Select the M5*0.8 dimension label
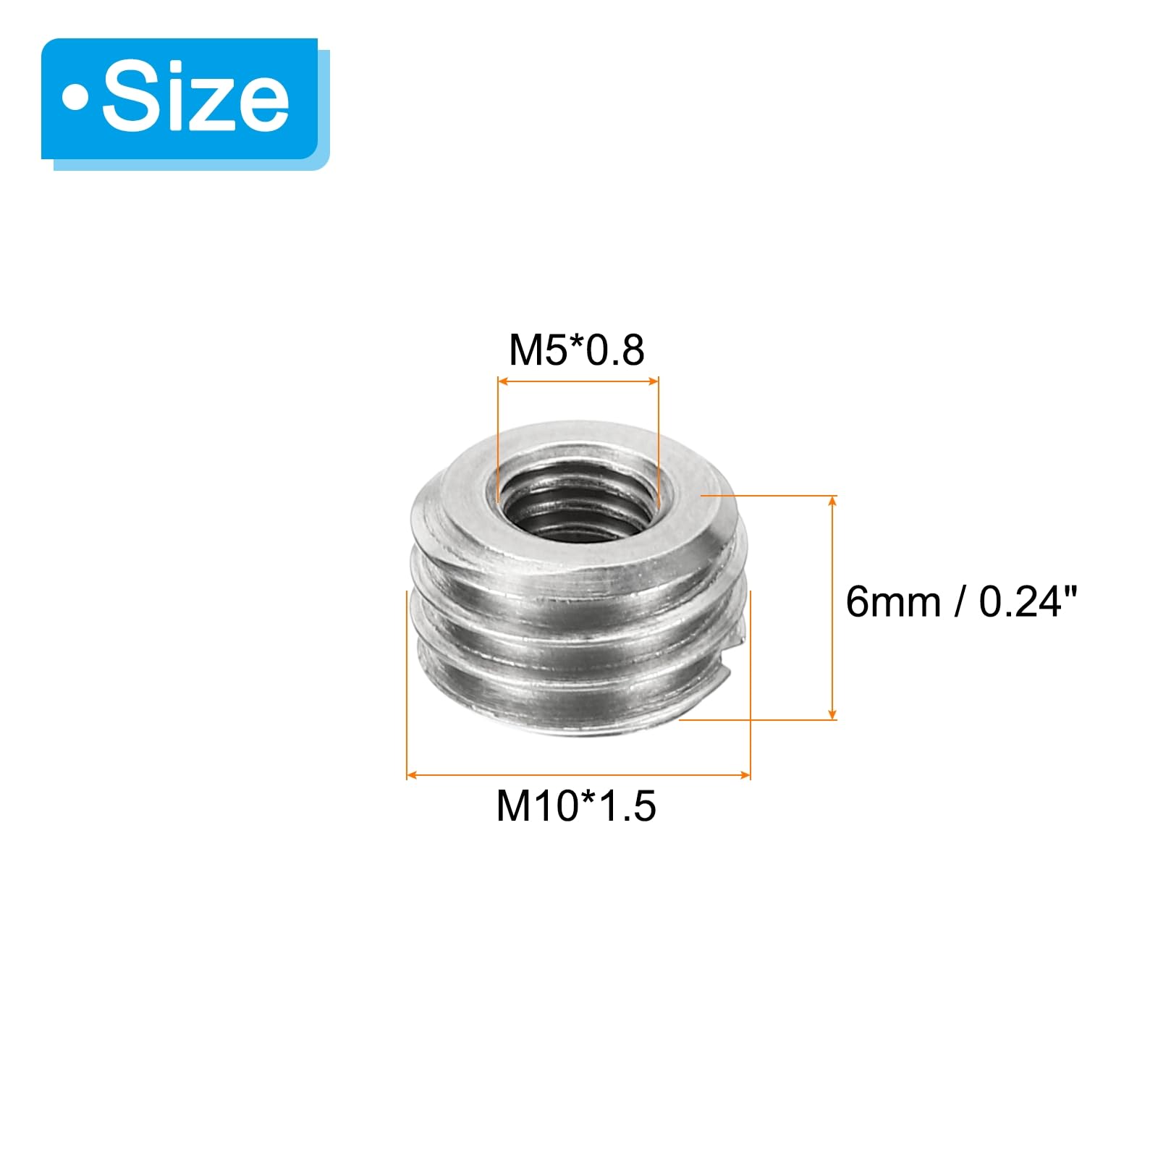pyautogui.click(x=577, y=350)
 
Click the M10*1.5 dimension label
pyautogui.click(x=576, y=806)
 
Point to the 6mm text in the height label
pyautogui.click(x=893, y=601)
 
